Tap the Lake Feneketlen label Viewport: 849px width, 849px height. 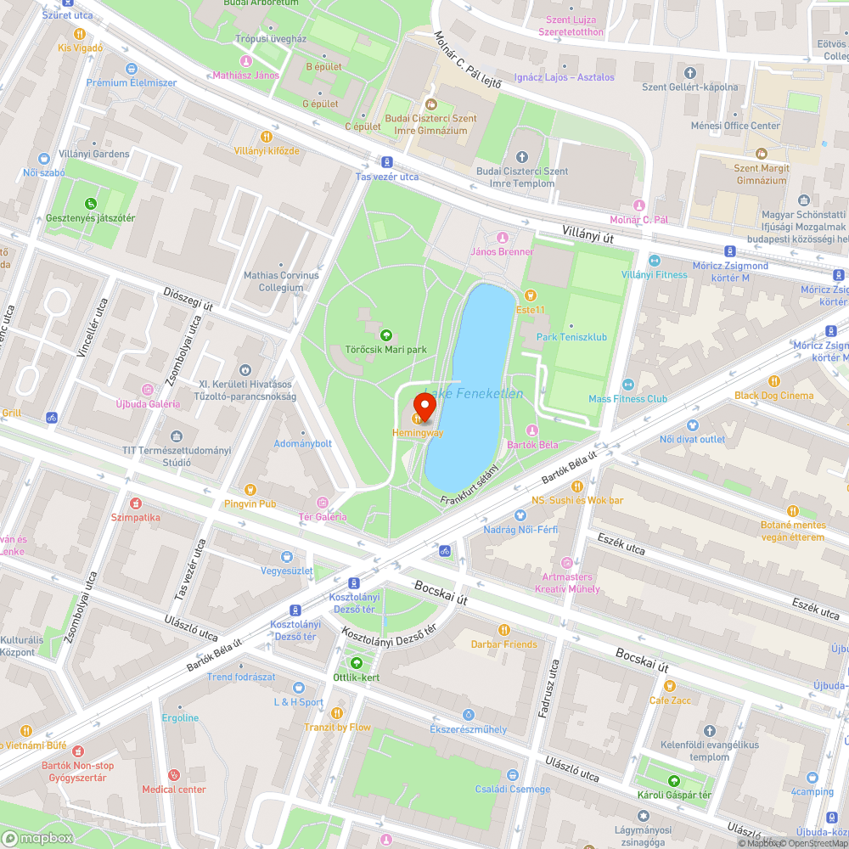pos(473,394)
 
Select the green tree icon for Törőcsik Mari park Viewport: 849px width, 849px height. pos(386,335)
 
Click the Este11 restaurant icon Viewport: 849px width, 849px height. pos(531,295)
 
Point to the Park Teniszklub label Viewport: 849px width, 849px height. pos(571,337)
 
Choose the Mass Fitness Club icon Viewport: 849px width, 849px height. pos(627,385)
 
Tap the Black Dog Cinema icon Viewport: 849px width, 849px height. pos(773,381)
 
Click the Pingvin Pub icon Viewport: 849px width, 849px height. pos(250,489)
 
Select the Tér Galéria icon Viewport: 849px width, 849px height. pos(323,503)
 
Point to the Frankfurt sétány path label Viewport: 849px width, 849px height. pos(469,485)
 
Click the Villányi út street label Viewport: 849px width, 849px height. pos(588,235)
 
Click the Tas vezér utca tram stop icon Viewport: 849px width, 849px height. pos(387,162)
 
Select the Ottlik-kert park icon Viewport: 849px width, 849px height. pos(356,663)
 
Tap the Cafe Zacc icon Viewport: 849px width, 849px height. pos(670,685)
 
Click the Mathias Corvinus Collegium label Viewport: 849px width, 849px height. pos(281,281)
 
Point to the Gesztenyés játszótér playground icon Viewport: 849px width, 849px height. pos(91,204)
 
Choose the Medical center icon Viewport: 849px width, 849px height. pos(174,774)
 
